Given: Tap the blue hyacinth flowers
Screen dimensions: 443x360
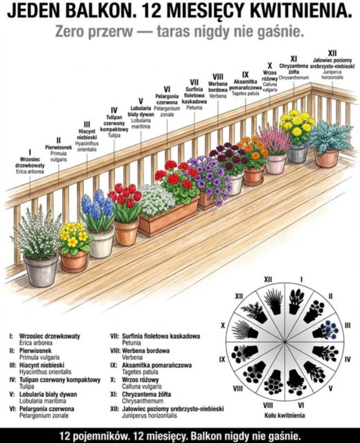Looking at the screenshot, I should pyautogui.click(x=97, y=204).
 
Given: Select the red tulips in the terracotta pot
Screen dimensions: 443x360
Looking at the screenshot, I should pyautogui.click(x=125, y=196).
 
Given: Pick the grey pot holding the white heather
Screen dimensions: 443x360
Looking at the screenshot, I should pyautogui.click(x=41, y=270).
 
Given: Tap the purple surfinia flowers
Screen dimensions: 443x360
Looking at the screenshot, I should pyautogui.click(x=210, y=176).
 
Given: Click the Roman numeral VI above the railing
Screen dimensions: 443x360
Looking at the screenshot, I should pyautogui.click(x=167, y=89).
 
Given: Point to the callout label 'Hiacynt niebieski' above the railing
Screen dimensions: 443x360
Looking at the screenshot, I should pyautogui.click(x=87, y=134).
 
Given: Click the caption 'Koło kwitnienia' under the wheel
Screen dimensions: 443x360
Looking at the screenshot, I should pyautogui.click(x=285, y=416).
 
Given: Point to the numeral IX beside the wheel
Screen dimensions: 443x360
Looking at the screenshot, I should pyautogui.click(x=222, y=359).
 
